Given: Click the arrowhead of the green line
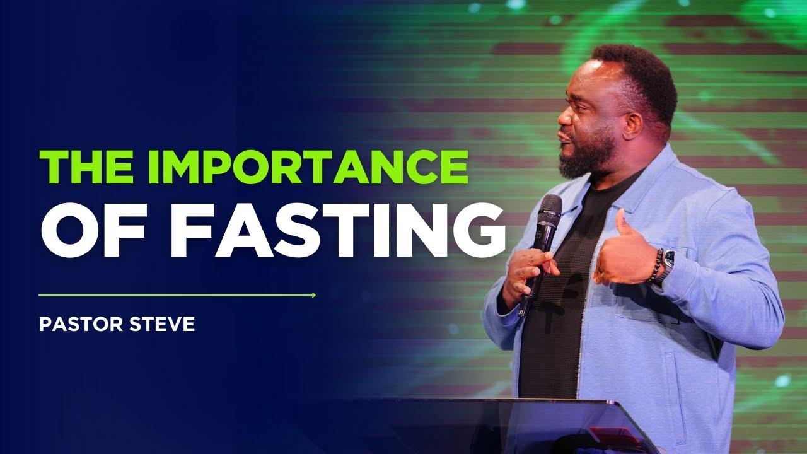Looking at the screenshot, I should tap(313, 294).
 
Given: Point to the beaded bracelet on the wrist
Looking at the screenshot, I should tap(656, 265).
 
